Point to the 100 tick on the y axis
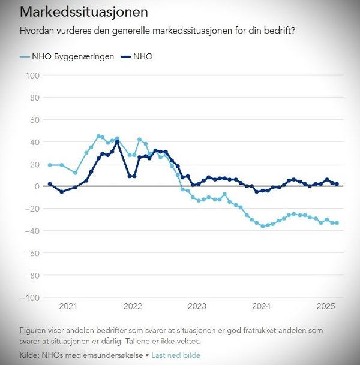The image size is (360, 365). point(32,76)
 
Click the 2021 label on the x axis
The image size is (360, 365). point(68,306)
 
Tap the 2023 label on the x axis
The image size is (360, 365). point(197,306)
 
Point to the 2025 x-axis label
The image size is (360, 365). point(325,306)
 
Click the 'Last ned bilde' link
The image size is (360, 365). point(176,355)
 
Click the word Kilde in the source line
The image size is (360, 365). point(31,355)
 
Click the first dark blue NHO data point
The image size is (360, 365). point(50,184)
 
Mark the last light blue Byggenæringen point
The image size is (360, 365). point(337,223)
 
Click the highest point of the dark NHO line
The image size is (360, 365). point(117,142)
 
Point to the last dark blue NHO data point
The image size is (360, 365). point(337,184)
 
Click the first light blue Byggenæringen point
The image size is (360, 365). point(50,165)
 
